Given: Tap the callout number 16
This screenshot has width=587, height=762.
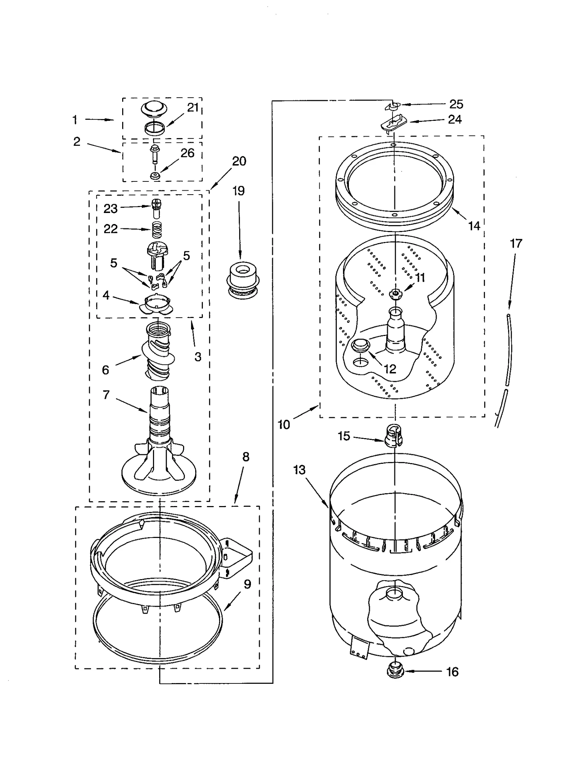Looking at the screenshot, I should click(x=452, y=672).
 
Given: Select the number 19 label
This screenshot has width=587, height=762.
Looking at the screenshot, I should click(x=238, y=191).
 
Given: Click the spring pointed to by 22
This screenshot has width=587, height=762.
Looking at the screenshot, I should click(x=157, y=231).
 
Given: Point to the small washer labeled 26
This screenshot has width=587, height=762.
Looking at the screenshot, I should click(x=155, y=176).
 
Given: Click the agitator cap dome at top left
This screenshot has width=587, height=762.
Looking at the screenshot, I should click(x=154, y=108).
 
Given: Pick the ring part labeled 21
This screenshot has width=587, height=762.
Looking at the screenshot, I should click(x=154, y=129).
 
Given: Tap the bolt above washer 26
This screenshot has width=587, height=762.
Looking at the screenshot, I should click(x=154, y=154).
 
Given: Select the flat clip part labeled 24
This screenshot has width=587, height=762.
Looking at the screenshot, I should click(x=394, y=123).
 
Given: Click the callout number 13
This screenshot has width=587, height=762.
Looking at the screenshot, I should click(x=299, y=470).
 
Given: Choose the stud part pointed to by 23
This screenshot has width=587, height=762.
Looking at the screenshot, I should click(x=156, y=208).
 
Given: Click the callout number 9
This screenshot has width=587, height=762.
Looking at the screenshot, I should click(x=247, y=584).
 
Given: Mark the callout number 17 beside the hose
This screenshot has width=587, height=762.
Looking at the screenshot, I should click(x=515, y=243).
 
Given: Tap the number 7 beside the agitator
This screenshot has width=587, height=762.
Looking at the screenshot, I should click(x=106, y=395).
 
